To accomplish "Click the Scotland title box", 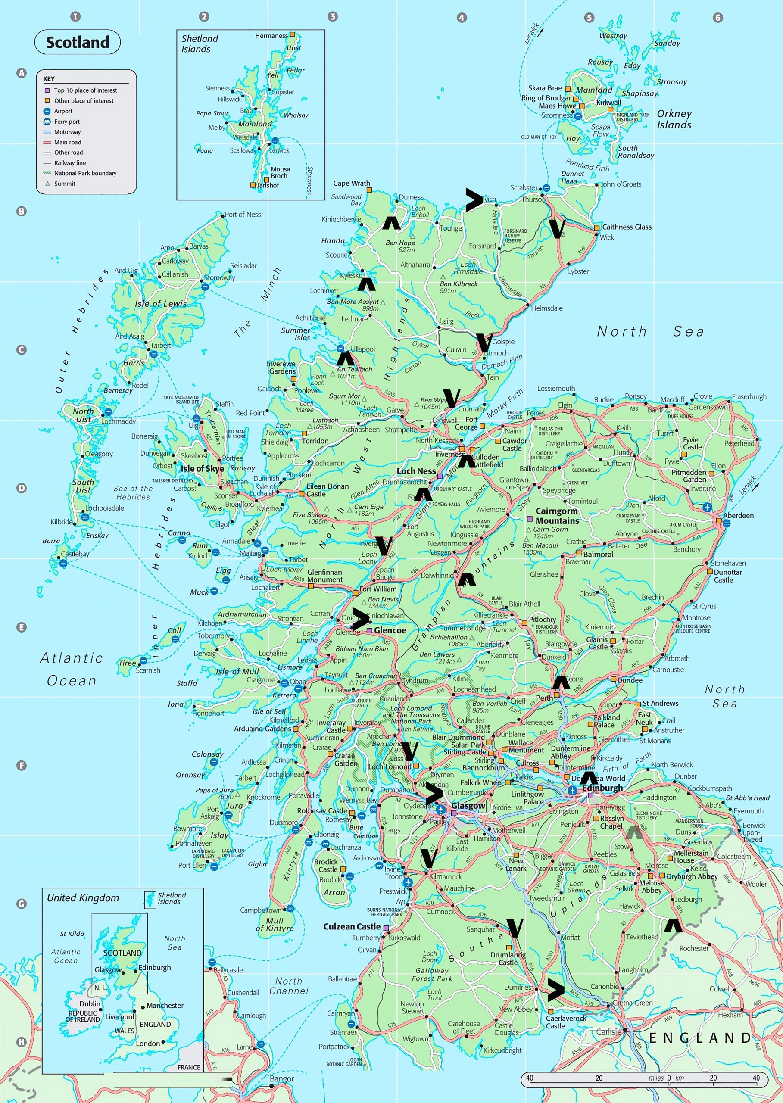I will pos(77,42).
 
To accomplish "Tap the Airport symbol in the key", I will pos(47,111).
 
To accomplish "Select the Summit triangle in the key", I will pos(47,184).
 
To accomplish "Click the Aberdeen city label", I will pos(738,515).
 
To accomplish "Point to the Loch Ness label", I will pos(416,471).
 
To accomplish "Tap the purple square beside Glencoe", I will pos(369,630).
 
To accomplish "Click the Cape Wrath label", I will pos(352,183).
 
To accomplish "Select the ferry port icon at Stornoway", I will pos(204,287).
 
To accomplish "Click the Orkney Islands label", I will pos(674,119).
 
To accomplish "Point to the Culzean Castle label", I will pos(352,926).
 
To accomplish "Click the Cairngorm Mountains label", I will pos(557,516).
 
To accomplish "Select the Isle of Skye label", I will pos(202,469).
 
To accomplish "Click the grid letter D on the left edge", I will pos(21,488).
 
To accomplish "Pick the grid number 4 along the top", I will pos(462,18).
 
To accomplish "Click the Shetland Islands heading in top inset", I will pos(199,44).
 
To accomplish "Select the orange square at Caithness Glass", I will pos(597,227).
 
